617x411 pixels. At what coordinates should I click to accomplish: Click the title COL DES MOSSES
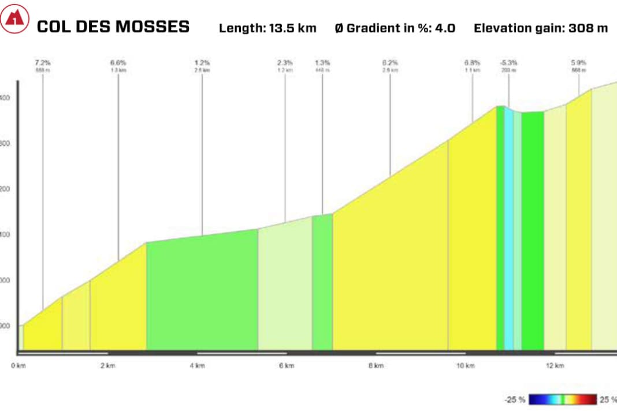click(x=113, y=27)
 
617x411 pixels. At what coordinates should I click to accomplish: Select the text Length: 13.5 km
click(x=267, y=28)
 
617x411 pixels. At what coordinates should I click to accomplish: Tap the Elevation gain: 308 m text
click(x=540, y=28)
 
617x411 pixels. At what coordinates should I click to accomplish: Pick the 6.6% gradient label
click(x=118, y=62)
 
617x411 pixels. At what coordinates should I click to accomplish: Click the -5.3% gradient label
click(x=509, y=62)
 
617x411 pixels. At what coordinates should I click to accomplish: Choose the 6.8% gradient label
click(x=473, y=62)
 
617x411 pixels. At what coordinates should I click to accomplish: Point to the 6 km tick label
click(x=287, y=365)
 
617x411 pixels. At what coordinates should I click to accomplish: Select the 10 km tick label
click(x=466, y=365)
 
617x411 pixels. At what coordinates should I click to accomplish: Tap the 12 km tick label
click(x=555, y=365)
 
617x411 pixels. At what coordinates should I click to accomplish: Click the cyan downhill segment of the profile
click(x=508, y=231)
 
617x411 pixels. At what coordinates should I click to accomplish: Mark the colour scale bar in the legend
click(x=562, y=399)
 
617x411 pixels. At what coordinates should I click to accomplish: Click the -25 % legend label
click(x=515, y=399)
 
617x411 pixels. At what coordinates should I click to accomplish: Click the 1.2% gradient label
click(x=202, y=62)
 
